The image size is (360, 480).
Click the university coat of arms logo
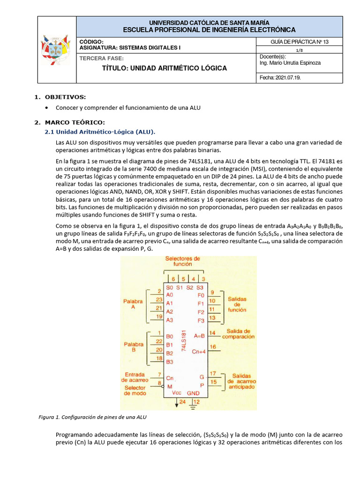point(56,50)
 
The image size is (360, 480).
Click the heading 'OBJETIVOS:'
point(65,97)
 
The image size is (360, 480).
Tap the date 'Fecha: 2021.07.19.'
point(280,78)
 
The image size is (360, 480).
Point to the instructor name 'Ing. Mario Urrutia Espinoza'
point(290,63)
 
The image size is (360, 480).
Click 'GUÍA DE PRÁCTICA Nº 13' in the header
point(300,42)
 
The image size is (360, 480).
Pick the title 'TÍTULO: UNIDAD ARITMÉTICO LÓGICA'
point(164,68)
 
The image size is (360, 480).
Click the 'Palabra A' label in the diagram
point(133,304)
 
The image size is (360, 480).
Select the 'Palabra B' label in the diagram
point(134,347)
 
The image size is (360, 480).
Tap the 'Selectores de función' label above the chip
point(183,261)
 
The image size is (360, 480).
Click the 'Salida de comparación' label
point(238,334)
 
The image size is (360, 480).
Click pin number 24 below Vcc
point(182,402)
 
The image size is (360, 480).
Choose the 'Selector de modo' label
point(135,390)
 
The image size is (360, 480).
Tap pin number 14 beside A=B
point(212,333)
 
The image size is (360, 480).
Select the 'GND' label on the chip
point(194,392)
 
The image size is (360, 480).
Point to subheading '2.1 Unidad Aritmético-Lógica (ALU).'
point(99,132)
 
